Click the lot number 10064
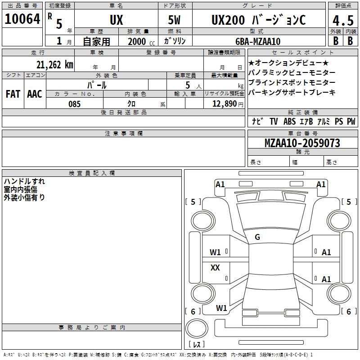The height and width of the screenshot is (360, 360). (22, 19)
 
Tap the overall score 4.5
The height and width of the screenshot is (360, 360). (343, 20)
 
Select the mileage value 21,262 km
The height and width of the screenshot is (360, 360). (55, 65)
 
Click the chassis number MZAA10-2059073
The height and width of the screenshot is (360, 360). (302, 143)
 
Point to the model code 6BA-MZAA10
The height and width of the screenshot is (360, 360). (258, 41)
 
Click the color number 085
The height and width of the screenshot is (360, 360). (75, 104)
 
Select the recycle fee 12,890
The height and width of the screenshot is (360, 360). (224, 104)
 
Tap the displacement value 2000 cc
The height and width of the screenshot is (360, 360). (141, 41)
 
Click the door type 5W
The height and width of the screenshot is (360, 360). (174, 20)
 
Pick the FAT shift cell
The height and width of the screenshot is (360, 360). (13, 94)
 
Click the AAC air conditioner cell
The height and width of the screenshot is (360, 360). (35, 94)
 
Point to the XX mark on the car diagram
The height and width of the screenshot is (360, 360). (215, 267)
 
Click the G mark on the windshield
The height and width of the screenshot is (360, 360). (257, 237)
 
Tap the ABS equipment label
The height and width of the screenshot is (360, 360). (289, 121)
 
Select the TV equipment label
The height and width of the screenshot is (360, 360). (274, 121)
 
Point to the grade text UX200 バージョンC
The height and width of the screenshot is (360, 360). (258, 20)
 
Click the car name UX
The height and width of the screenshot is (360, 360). (117, 20)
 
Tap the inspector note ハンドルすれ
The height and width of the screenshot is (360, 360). (24, 181)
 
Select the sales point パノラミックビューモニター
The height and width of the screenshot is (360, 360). (292, 72)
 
